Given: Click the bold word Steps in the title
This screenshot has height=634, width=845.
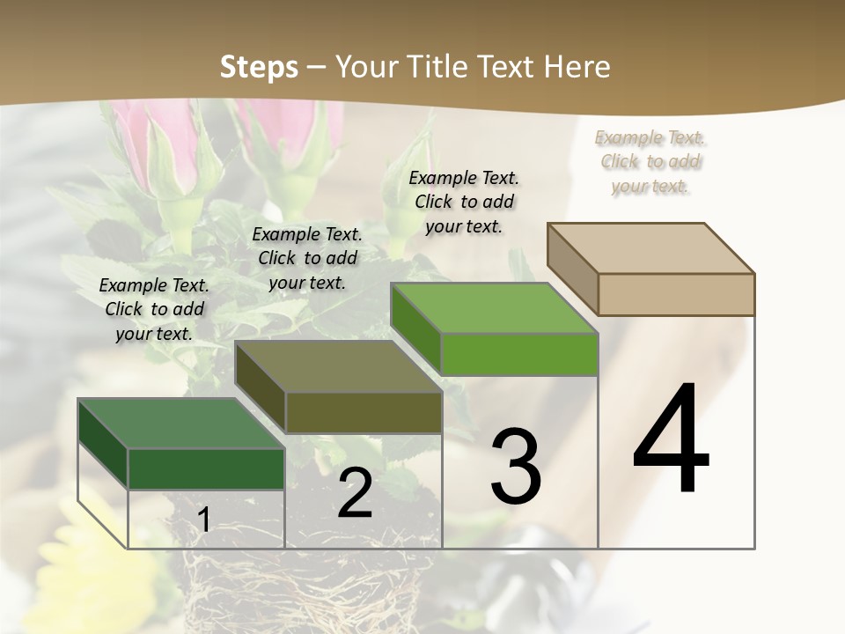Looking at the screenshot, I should (259, 67).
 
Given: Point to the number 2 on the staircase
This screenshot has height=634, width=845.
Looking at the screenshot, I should (355, 493).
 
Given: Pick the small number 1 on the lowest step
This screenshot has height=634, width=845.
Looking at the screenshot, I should (203, 520).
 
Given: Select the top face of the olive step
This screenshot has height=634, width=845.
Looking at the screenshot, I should (339, 365).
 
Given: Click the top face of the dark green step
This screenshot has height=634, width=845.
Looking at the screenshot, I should (181, 424).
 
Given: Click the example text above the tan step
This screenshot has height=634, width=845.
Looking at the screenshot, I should (650, 162).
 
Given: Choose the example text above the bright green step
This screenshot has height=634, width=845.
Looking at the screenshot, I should (464, 202).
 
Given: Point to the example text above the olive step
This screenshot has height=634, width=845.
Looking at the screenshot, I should (307, 258).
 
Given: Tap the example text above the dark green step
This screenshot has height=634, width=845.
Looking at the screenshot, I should (154, 309).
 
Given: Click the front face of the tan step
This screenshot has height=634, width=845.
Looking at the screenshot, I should (676, 294).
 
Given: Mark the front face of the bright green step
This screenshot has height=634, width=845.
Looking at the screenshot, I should (519, 354).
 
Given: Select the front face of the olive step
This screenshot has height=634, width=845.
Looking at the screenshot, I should (364, 412).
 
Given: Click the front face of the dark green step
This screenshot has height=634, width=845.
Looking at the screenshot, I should (206, 468).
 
